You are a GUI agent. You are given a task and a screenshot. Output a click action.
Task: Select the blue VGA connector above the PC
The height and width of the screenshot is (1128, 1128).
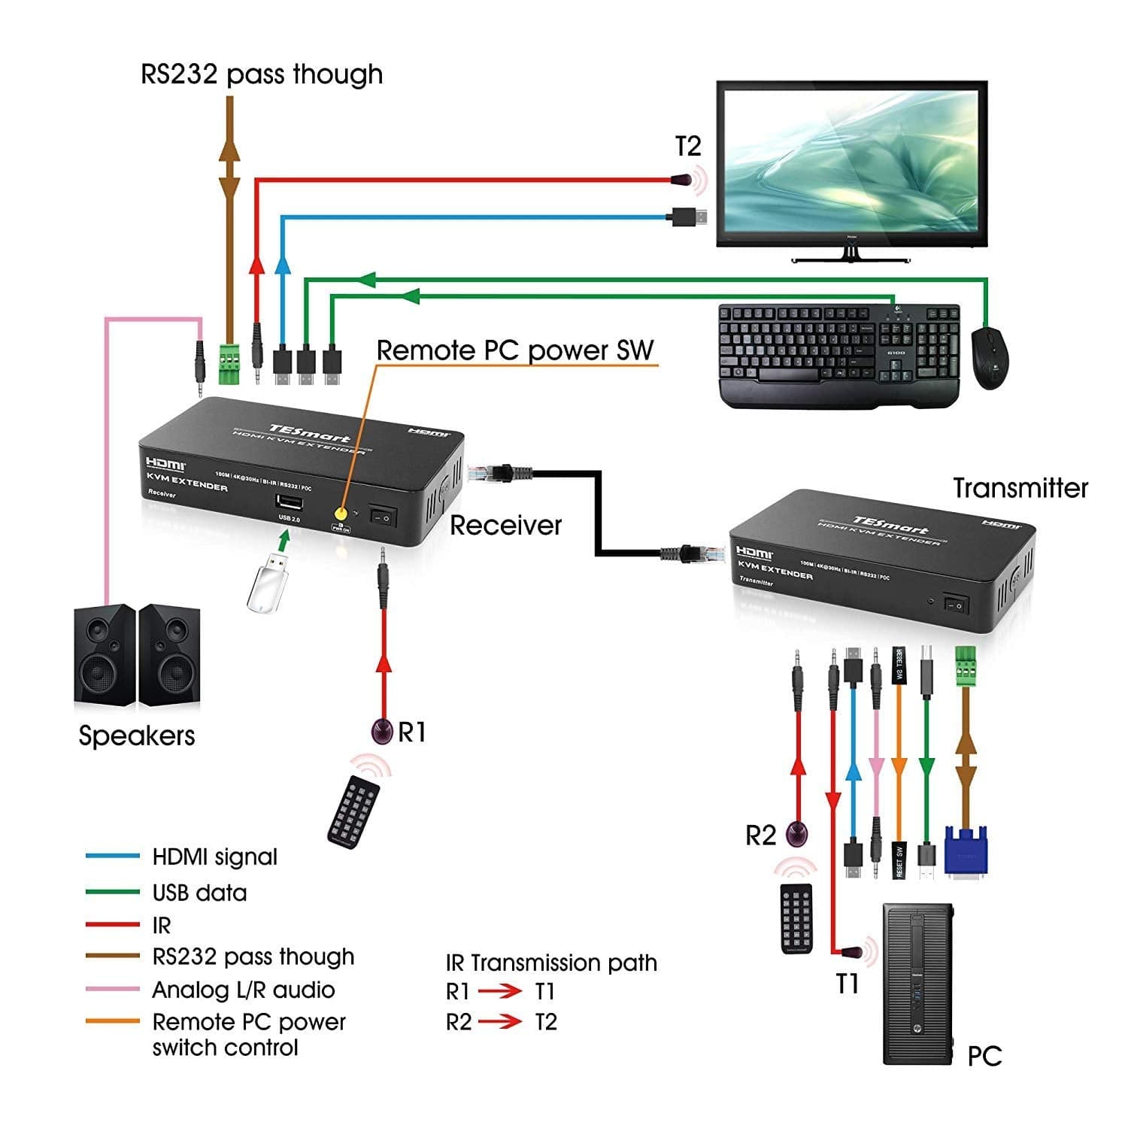[x=966, y=850]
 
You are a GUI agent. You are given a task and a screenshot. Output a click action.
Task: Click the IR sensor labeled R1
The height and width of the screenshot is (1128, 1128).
[x=383, y=731]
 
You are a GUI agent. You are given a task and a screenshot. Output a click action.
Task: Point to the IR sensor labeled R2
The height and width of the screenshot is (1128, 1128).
[x=796, y=833]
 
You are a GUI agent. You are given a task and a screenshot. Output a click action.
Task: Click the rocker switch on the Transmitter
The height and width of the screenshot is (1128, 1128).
[x=957, y=605]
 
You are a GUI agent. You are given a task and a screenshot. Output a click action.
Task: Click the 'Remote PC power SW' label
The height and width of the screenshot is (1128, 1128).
[x=515, y=350]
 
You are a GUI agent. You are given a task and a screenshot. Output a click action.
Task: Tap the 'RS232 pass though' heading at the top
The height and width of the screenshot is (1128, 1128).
[x=262, y=74]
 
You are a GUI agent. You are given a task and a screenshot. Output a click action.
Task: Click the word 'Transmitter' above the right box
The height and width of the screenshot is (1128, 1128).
[x=1020, y=488]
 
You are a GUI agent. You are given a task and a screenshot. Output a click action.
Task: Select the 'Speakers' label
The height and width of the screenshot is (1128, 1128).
[x=136, y=735]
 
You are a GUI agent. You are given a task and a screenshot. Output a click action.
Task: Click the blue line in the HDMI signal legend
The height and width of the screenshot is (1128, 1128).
[x=113, y=856]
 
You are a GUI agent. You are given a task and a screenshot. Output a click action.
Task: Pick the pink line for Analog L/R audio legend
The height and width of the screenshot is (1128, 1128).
[x=113, y=989]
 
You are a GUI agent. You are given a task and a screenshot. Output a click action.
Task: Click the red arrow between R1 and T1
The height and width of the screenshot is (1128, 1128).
[x=500, y=991]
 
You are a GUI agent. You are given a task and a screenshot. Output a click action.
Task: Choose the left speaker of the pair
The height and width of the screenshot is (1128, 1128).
[x=105, y=653]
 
